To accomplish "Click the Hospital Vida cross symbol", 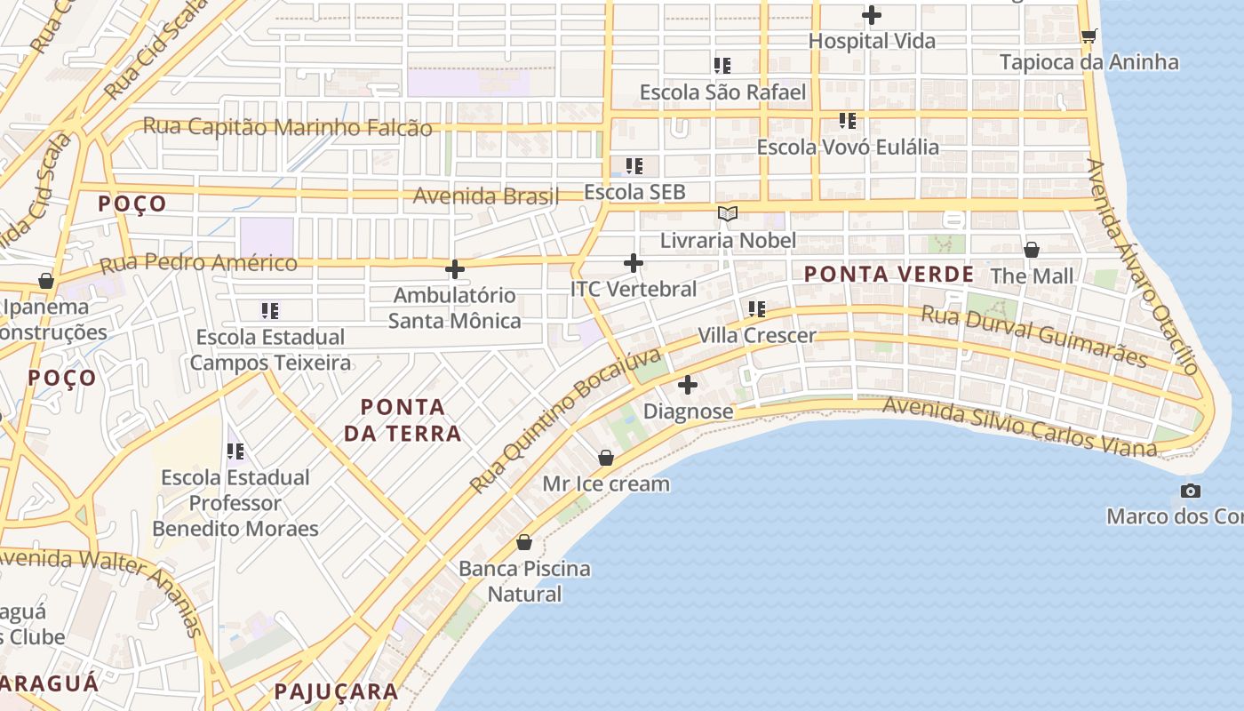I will pyautogui.click(x=872, y=15).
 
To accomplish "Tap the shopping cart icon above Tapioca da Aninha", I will pyautogui.click(x=1088, y=36).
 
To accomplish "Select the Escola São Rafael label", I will pyautogui.click(x=722, y=92).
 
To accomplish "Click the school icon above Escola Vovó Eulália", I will pyautogui.click(x=848, y=120).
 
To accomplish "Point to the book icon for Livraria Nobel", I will pyautogui.click(x=728, y=213).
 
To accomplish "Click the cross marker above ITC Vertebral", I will pyautogui.click(x=634, y=263).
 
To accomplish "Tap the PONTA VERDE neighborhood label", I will pyautogui.click(x=889, y=275).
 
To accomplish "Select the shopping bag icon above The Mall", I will pyautogui.click(x=1032, y=250).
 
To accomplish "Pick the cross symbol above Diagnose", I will pyautogui.click(x=688, y=385).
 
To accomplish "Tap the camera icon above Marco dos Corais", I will pyautogui.click(x=1191, y=491).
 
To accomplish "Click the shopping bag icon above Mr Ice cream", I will pyautogui.click(x=606, y=458).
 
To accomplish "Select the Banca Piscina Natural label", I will pyautogui.click(x=524, y=581).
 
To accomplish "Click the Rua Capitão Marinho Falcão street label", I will pyautogui.click(x=287, y=127).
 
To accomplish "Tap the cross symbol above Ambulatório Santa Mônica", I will pyautogui.click(x=455, y=268).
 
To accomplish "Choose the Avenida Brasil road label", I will pyautogui.click(x=486, y=196).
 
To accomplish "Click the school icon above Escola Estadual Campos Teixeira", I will pyautogui.click(x=270, y=310).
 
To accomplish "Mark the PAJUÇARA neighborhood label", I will pyautogui.click(x=336, y=691).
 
